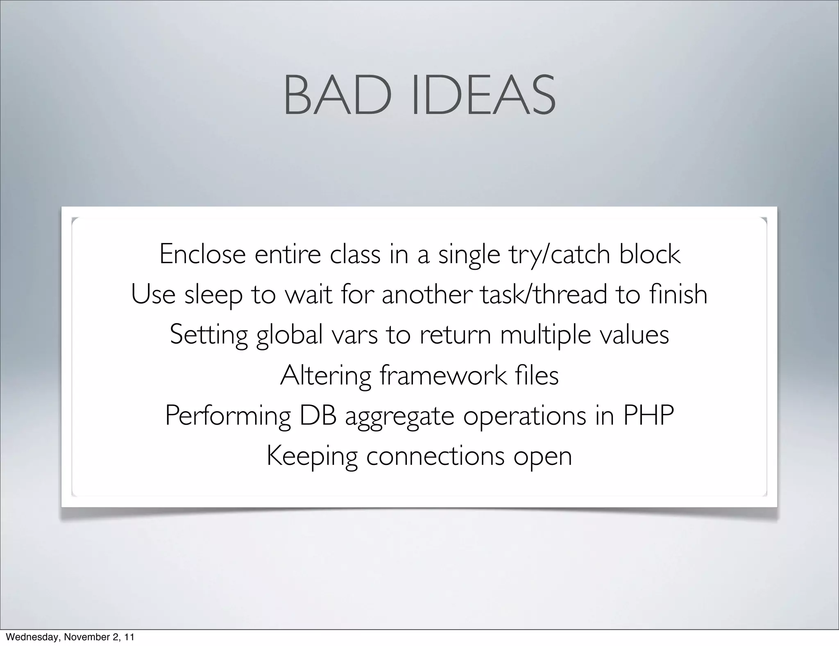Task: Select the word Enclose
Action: coord(202,254)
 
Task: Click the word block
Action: coord(650,254)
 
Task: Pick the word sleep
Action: coord(213,295)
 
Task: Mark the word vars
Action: coord(354,335)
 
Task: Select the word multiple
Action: coord(545,335)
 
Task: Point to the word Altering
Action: coord(325,375)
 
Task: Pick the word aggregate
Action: coord(400,416)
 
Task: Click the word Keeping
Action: coord(312,457)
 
